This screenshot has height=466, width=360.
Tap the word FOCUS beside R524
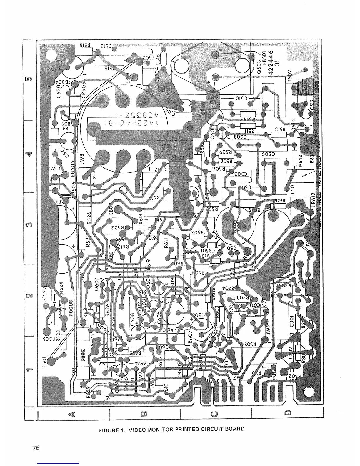[71, 308]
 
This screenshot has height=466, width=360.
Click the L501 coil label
[296, 187]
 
